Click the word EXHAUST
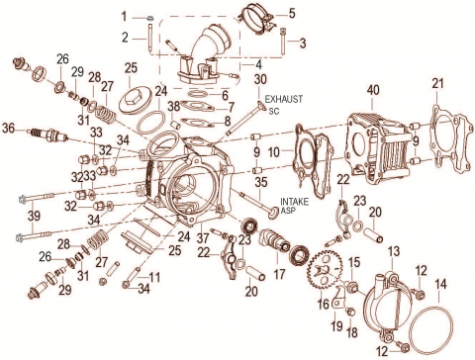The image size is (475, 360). tap(284, 99)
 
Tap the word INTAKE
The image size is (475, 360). tap(294, 202)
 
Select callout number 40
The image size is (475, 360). tap(373, 90)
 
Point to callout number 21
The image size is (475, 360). tap(438, 83)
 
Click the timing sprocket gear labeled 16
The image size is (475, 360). tap(325, 270)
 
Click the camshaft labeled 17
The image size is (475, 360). tap(274, 243)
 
